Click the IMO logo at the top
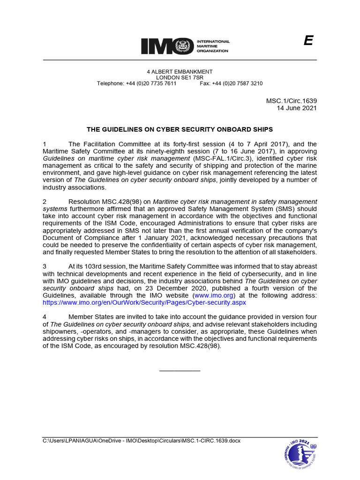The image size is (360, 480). click(x=185, y=46)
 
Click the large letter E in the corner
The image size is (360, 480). click(x=308, y=41)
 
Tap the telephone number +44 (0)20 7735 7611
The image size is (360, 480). click(x=151, y=83)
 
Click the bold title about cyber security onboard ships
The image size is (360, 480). click(x=180, y=129)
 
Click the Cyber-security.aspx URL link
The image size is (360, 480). click(x=144, y=303)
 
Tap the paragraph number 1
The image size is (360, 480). click(x=45, y=144)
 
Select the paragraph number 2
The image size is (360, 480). click(x=45, y=202)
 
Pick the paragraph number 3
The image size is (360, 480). click(x=45, y=267)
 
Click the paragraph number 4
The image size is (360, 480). click(x=45, y=317)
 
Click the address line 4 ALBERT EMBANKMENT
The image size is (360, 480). click(x=180, y=72)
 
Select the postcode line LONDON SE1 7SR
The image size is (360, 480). click(x=180, y=77)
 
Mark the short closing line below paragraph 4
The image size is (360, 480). click(x=180, y=370)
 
